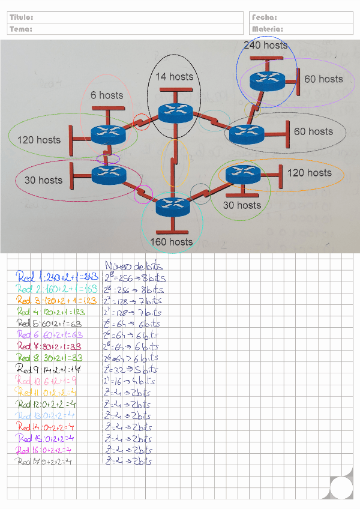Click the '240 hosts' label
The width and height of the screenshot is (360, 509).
click(265, 45)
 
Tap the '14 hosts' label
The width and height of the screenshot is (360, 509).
click(175, 76)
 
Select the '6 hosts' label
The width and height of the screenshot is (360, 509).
click(107, 95)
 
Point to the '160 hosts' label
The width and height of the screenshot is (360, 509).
click(172, 242)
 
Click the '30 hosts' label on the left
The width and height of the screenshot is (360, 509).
click(43, 180)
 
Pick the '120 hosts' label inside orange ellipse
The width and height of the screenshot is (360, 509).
click(310, 173)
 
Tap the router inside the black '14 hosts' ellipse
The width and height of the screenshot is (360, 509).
click(175, 112)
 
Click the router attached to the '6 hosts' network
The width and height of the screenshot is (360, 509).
click(108, 134)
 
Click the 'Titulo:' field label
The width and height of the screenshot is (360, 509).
click(21, 17)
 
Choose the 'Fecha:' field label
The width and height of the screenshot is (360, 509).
click(265, 17)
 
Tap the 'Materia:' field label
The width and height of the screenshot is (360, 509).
click(268, 28)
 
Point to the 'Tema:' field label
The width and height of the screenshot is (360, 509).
click(21, 28)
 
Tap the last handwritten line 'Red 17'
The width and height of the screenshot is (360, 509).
click(53, 461)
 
